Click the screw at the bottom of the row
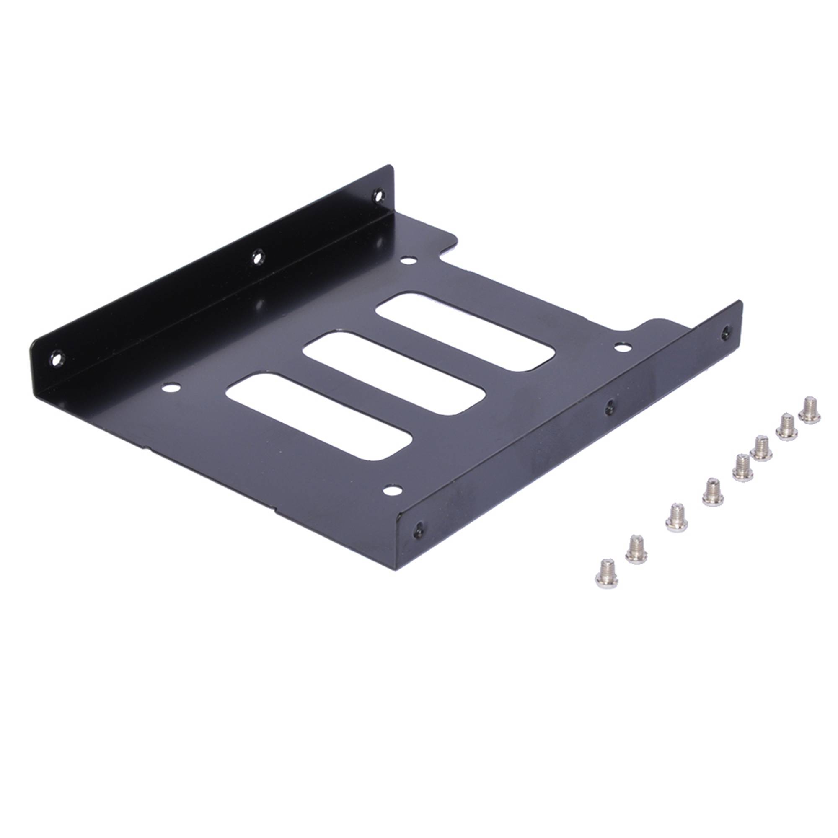(606, 572)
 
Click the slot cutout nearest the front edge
(319, 416)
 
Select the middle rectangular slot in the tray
(393, 373)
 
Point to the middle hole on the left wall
(258, 258)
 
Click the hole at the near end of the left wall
(57, 359)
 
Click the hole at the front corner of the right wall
(418, 529)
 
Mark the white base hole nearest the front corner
(392, 491)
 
